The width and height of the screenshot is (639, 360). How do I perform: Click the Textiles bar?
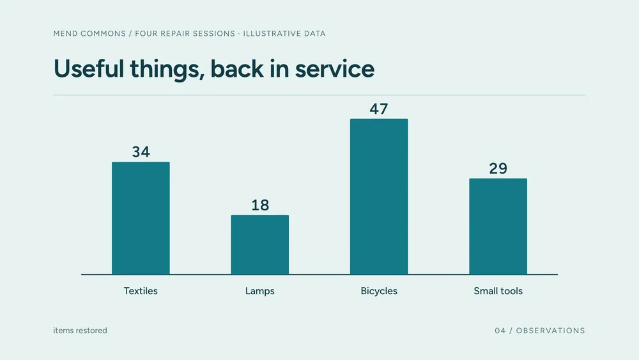coord(141,218)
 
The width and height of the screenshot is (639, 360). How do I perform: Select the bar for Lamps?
coord(260,245)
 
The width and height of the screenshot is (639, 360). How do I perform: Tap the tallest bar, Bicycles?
coord(379,196)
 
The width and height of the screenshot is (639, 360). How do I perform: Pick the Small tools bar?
coord(498,226)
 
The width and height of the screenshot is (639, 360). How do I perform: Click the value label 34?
coord(141,152)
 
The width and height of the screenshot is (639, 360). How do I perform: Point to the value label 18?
coord(260,205)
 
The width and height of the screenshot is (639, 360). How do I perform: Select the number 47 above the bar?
coord(379,109)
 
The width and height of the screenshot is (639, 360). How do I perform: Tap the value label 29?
coord(498,168)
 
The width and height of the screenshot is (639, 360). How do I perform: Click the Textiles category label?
coord(141,291)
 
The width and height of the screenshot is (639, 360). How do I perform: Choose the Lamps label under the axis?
coord(260,291)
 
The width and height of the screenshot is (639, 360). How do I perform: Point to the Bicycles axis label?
coord(379,291)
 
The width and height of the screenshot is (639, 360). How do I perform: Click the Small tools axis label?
coord(498,291)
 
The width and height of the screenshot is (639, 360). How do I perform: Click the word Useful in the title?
coord(88,68)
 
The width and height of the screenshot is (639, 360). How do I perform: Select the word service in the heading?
coord(335,69)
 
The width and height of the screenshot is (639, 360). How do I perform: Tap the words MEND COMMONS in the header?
coord(89,33)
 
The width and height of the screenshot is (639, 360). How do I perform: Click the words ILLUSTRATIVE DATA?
coord(284,33)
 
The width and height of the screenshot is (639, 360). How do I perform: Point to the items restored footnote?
coord(81,331)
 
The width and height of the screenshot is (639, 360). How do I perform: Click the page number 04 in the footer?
coord(500,331)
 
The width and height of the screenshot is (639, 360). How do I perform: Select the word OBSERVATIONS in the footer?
coord(551,331)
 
